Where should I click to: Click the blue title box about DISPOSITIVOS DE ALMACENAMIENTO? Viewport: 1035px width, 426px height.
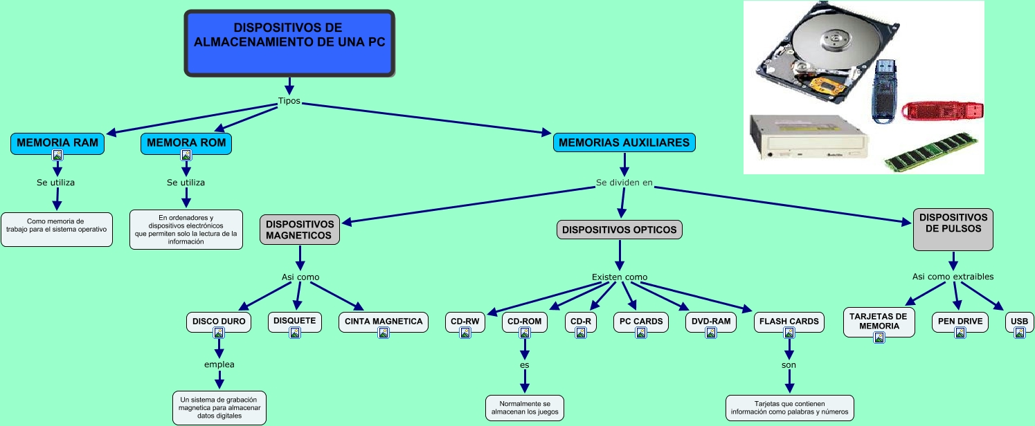[x=289, y=42]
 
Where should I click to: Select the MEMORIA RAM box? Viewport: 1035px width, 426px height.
[x=57, y=143]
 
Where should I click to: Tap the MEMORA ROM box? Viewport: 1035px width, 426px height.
[x=186, y=143]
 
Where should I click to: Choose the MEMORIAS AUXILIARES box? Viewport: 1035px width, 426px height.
[x=624, y=142]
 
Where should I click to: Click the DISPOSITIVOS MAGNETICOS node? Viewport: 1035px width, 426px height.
[x=300, y=230]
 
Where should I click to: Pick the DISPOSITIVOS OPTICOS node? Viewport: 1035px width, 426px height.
[x=620, y=230]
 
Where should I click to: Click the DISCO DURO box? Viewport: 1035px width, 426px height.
[x=219, y=321]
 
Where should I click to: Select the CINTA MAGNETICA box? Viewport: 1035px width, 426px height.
[x=383, y=321]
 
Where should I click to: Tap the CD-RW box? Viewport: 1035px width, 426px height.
[x=465, y=321]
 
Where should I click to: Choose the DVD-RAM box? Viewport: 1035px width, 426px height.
[x=710, y=321]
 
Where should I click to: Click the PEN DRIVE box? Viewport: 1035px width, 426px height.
[x=960, y=321]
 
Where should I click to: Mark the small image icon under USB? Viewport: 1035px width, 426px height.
[x=1019, y=333]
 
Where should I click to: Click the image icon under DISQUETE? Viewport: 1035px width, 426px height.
[x=295, y=333]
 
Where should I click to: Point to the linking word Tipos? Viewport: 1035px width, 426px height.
[x=289, y=101]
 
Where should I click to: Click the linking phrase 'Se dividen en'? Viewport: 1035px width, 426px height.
[x=624, y=183]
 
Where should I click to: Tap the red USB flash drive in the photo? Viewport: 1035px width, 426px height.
[x=942, y=110]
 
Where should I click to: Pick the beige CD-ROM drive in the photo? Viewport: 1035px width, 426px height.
[x=807, y=139]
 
